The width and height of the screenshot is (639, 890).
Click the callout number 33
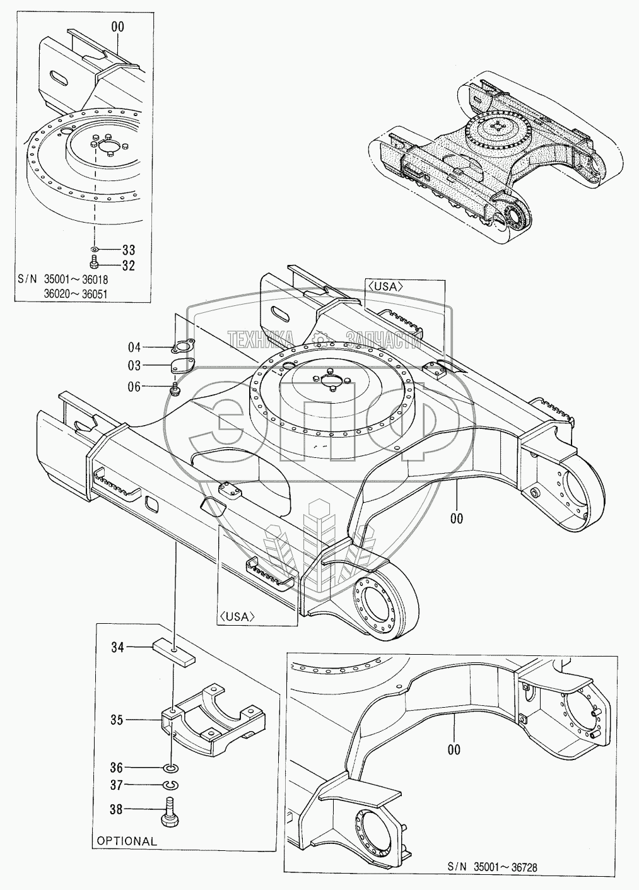(x=128, y=250)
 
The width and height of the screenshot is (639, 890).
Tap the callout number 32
(x=128, y=266)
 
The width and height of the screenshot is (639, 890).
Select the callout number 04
(x=134, y=346)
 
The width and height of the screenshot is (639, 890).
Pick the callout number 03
(x=134, y=365)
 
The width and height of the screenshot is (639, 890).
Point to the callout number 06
(x=134, y=387)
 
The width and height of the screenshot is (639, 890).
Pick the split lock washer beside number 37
(x=170, y=785)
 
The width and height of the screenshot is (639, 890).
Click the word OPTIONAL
(x=127, y=841)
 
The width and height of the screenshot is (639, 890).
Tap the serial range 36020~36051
(x=85, y=292)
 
